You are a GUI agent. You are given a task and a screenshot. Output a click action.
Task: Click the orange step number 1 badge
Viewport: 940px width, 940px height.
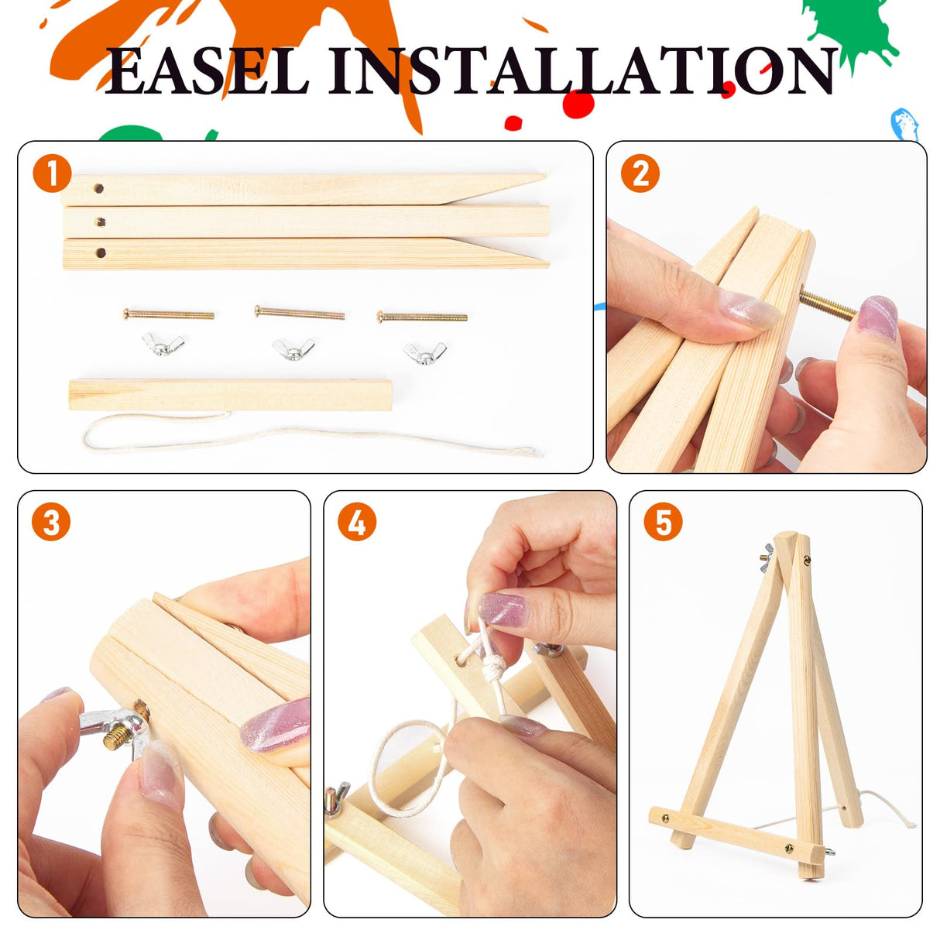[52, 173]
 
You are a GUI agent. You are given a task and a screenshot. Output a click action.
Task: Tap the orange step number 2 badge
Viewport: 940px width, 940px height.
[640, 174]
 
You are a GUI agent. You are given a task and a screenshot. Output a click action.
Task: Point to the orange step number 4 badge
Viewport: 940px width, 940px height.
[357, 523]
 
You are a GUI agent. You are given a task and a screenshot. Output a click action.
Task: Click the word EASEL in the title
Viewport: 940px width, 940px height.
[207, 71]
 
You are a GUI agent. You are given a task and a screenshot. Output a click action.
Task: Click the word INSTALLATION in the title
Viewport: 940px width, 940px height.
[581, 71]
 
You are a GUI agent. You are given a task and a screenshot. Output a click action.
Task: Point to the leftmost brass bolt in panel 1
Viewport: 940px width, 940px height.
[169, 314]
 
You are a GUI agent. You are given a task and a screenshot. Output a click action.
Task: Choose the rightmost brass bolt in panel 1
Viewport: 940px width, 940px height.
[422, 317]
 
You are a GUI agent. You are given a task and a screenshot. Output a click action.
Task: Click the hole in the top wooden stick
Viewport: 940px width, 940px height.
[99, 188]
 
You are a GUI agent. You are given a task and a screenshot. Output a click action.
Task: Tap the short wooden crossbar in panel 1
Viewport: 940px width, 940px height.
[230, 395]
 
